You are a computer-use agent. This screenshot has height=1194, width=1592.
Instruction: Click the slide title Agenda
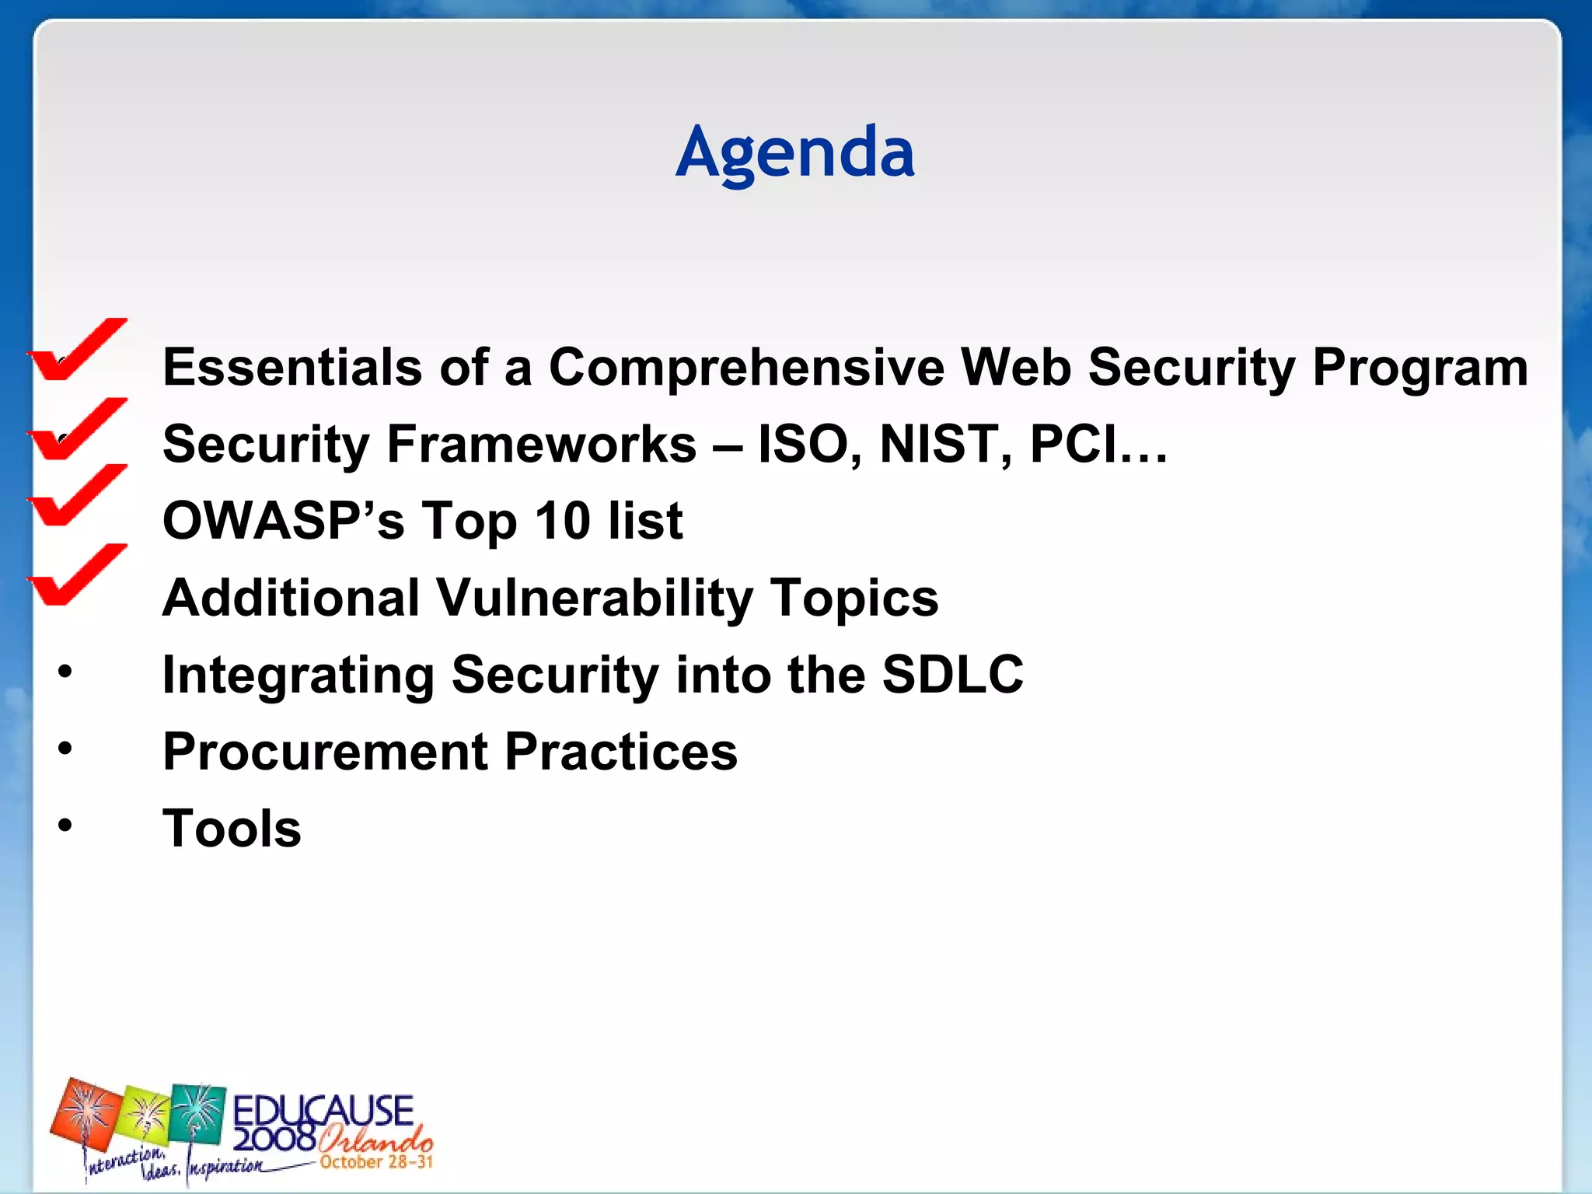[x=794, y=153]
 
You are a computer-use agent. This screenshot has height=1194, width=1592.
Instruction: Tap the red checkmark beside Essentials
[x=75, y=352]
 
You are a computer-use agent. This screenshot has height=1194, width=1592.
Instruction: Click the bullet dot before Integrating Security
[x=65, y=672]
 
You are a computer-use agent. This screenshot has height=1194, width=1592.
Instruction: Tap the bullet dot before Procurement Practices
[x=65, y=749]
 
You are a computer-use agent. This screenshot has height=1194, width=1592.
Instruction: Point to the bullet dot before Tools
[x=65, y=825]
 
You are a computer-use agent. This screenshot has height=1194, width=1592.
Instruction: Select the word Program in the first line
[x=1419, y=367]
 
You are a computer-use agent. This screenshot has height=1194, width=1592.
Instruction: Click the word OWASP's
[x=283, y=521]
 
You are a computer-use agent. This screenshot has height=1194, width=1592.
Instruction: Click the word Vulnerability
[x=594, y=598]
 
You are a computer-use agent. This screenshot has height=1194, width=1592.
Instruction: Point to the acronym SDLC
[x=952, y=674]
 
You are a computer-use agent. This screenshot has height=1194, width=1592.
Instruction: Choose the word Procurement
[x=325, y=752]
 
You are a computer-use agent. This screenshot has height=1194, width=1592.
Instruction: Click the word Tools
[x=232, y=829]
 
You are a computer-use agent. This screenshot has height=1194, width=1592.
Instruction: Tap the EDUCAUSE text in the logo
[x=323, y=1110]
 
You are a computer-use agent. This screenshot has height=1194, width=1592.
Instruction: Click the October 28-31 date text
[x=375, y=1162]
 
